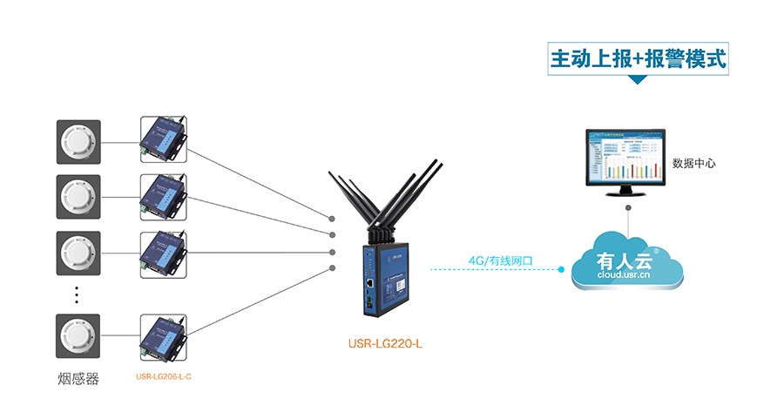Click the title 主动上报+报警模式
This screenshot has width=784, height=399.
click(638, 58)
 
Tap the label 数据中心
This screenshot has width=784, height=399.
click(694, 163)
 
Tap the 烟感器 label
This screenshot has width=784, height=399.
click(78, 379)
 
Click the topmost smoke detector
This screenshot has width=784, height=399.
click(78, 141)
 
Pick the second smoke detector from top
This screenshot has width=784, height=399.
click(78, 196)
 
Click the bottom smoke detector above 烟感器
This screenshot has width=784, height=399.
click(78, 336)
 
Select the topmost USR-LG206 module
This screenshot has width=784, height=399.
click(163, 139)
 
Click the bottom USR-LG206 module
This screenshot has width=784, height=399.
click(163, 336)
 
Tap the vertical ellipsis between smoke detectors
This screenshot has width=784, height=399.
click(77, 294)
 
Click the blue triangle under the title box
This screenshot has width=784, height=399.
click(638, 80)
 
